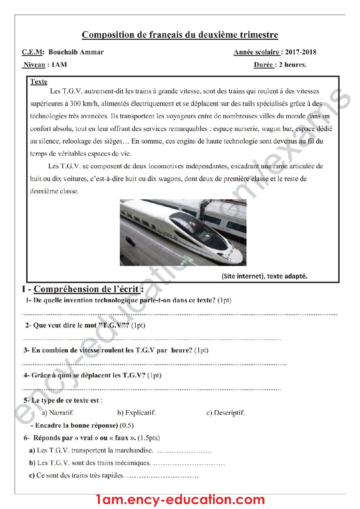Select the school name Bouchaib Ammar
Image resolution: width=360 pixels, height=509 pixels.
coord(76,52)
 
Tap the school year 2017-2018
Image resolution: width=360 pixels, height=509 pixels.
coord(301,52)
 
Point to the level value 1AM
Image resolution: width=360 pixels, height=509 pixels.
coord(59,65)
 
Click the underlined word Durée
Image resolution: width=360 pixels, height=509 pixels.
coord(263,65)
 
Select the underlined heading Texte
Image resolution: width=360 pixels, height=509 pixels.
coord(39,82)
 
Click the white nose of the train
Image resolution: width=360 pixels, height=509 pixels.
coord(234,256)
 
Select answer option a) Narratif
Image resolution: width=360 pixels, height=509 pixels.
coord(58,412)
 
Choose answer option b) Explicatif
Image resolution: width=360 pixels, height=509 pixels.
coord(136,412)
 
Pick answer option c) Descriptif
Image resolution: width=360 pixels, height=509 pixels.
coord(225,412)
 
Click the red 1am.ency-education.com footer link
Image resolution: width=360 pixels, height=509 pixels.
coord(180,499)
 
